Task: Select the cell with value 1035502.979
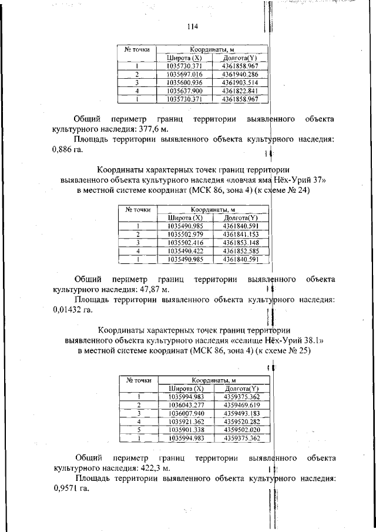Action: pos(186,234)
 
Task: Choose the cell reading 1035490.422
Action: pos(186,250)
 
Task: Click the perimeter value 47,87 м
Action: pos(155,290)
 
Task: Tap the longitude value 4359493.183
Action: pos(241,413)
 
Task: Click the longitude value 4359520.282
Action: pos(241,421)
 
